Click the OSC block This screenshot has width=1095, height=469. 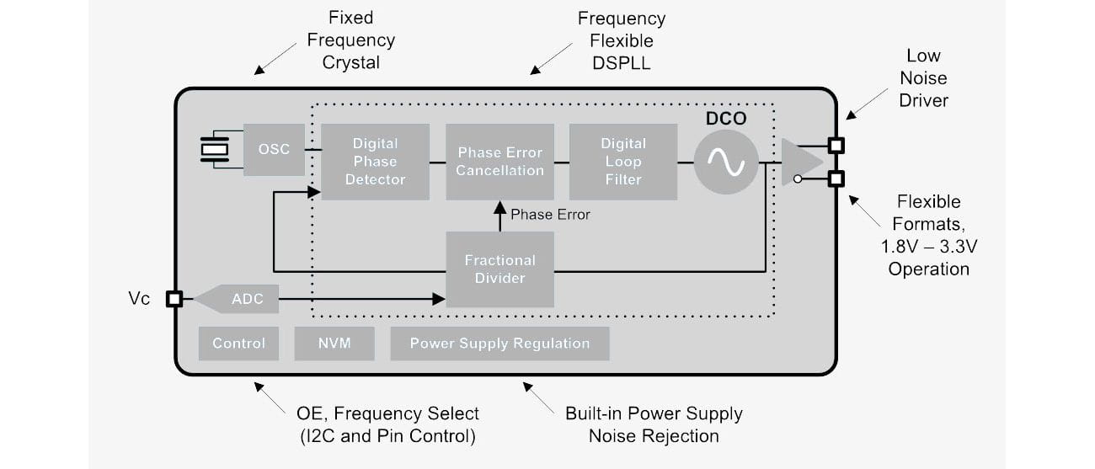pos(274,150)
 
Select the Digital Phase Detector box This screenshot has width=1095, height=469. pos(375,162)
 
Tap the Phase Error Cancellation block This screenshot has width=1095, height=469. pos(499,162)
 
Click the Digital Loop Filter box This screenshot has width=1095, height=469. pos(623,162)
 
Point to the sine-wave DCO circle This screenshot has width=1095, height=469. pos(725,163)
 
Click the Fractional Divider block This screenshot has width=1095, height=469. pos(499,269)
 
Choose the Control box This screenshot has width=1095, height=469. pos(238,344)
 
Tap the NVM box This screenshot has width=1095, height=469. pos(334,344)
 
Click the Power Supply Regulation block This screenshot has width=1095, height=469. pos(499,344)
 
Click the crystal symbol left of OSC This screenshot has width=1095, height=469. pos(216,150)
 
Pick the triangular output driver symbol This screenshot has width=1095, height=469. pos(799,163)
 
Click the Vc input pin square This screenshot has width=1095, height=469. pos(174,299)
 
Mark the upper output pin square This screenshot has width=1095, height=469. pos(836,145)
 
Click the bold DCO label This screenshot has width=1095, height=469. pos(726,119)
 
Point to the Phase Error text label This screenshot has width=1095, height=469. pos(550,215)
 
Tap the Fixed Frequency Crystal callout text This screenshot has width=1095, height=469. pos(350,40)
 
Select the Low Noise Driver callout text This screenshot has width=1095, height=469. pos(923,78)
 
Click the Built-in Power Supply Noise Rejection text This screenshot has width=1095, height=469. pos(654,424)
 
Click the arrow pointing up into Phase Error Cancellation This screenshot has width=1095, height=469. pos(499,216)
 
